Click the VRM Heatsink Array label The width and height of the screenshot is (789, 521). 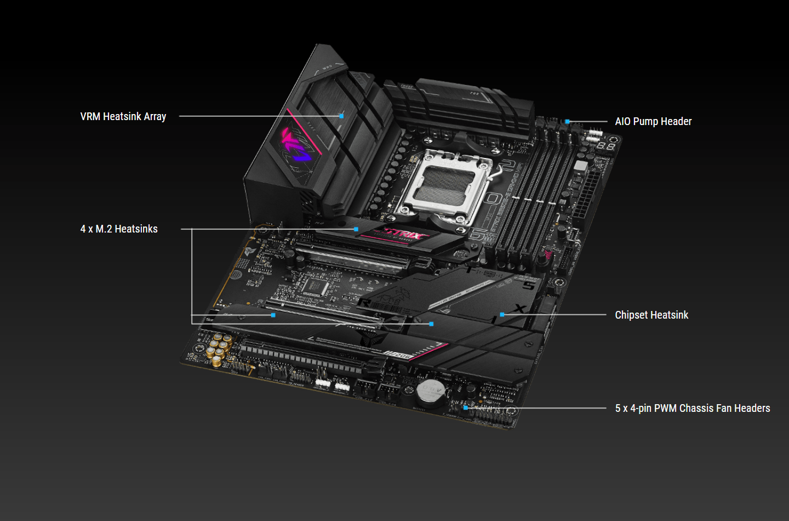click(x=123, y=116)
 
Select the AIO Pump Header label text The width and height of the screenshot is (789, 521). click(x=653, y=121)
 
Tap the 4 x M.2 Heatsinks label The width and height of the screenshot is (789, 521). click(x=119, y=229)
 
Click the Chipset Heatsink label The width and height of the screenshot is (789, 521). click(x=651, y=315)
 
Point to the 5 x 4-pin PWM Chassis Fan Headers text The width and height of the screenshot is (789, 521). click(x=693, y=408)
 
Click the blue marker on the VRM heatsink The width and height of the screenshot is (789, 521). click(x=341, y=116)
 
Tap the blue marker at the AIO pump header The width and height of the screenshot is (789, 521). click(x=568, y=121)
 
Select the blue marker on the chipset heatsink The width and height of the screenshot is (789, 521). click(x=502, y=315)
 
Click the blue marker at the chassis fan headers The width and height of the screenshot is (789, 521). click(x=465, y=407)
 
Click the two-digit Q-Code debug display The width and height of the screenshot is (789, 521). click(x=605, y=146)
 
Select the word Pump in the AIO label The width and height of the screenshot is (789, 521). click(x=645, y=121)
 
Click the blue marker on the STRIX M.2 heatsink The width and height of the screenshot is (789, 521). click(x=356, y=229)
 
